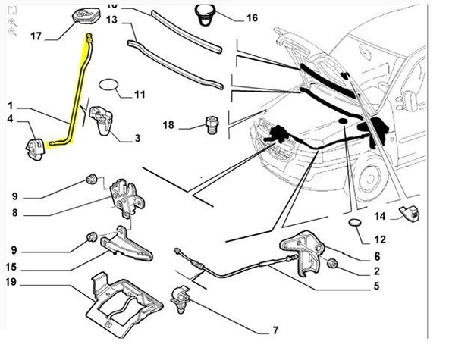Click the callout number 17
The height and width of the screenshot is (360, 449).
(36, 36)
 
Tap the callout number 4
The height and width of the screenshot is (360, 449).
(11, 118)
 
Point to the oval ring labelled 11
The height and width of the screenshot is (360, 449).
(108, 84)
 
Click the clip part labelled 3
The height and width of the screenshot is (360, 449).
(101, 121)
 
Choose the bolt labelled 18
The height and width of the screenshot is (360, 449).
(212, 124)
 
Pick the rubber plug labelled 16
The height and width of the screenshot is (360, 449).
(205, 14)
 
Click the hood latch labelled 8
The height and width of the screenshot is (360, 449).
(127, 198)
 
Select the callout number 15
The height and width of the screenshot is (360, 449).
(11, 268)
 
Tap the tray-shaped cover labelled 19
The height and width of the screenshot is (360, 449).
(124, 305)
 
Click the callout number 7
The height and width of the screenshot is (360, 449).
(275, 330)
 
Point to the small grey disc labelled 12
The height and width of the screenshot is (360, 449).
(355, 222)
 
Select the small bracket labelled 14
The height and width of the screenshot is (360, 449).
(410, 214)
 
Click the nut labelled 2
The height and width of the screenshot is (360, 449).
(332, 263)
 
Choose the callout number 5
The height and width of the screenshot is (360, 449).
(376, 286)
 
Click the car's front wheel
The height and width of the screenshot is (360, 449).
(369, 179)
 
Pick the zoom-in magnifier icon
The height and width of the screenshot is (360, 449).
(12, 22)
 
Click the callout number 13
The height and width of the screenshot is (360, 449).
(111, 20)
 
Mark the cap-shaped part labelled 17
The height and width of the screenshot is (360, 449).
(86, 17)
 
